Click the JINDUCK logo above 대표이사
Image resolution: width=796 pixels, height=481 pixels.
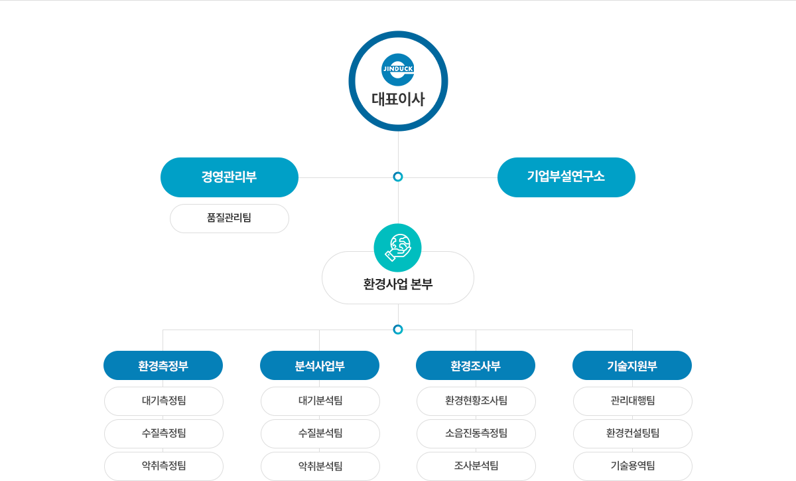pos(398,69)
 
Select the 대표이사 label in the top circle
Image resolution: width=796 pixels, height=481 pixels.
pos(398,100)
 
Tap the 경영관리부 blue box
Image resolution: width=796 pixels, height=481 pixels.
pos(230,177)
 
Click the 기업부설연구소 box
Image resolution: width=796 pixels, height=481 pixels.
pos(566,177)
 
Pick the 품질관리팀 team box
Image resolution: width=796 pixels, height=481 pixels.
pos(230,218)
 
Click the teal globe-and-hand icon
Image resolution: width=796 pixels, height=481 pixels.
pos(398,243)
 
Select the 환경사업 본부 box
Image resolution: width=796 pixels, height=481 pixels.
pos(398,284)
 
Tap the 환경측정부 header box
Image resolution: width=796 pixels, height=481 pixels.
pos(163,365)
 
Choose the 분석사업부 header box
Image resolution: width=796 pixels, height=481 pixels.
pos(320,365)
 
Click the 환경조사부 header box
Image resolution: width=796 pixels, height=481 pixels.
pos(476,365)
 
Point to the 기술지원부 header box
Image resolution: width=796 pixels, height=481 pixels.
pos(632,365)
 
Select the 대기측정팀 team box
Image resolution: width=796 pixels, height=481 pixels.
pos(164,401)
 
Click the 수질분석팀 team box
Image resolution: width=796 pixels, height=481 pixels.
pos(320,433)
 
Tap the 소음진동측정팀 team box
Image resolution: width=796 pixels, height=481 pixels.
pos(476,433)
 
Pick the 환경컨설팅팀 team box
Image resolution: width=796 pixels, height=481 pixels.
pos(633,433)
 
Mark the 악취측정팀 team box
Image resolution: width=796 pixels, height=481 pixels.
pos(164,465)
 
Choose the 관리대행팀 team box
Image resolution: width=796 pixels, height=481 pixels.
pos(633,401)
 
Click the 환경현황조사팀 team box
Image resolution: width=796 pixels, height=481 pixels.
pos(476,401)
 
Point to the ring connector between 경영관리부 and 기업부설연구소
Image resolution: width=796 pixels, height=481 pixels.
pos(398,177)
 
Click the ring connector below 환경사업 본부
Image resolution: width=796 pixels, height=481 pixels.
pos(398,329)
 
